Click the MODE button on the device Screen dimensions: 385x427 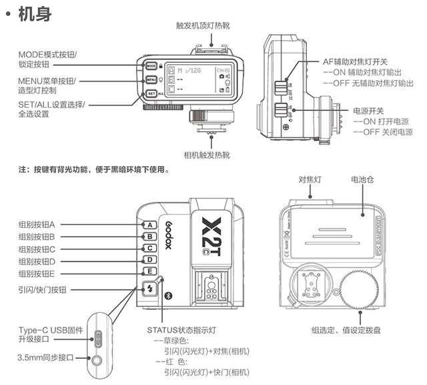[151, 66]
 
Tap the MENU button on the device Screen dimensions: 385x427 [151, 80]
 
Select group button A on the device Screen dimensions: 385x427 [151, 225]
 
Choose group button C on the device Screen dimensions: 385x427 [151, 248]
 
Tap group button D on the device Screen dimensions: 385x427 [151, 260]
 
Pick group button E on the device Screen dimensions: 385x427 [151, 272]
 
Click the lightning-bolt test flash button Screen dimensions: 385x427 [149, 290]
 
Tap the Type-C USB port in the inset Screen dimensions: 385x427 [99, 336]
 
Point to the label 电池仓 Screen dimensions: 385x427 [364, 180]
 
